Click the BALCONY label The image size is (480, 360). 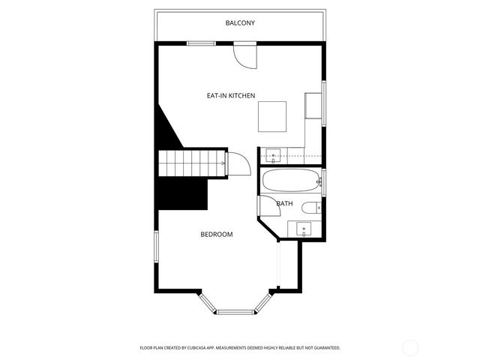click(x=240, y=23)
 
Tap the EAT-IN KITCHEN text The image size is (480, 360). click(x=232, y=96)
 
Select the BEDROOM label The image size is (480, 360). click(x=216, y=235)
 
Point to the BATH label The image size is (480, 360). click(x=284, y=203)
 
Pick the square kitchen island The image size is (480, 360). click(x=272, y=116)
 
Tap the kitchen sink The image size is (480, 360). click(x=274, y=155)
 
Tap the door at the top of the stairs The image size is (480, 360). click(x=238, y=164)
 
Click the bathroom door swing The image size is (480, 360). click(x=265, y=205)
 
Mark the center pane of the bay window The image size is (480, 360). click(x=236, y=310)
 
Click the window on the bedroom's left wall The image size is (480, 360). click(x=155, y=247)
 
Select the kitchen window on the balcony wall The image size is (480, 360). click(x=201, y=43)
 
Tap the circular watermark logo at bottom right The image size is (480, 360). click(x=410, y=346)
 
